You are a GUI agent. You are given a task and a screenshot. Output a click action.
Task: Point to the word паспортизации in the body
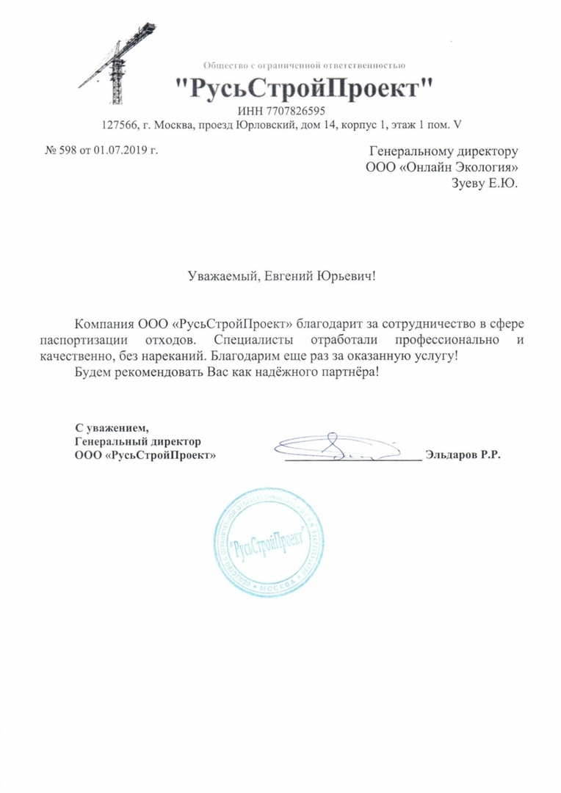point(84,341)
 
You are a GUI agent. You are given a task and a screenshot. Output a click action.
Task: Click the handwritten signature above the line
point(334,446)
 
